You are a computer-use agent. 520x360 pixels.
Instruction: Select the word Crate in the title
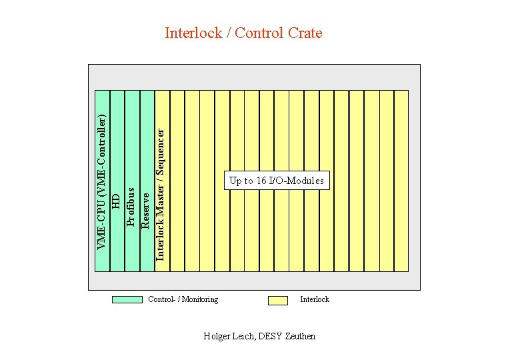pos(305,33)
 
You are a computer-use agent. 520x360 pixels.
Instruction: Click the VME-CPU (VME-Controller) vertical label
pos(101,181)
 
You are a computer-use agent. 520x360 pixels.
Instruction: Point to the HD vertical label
pos(116,200)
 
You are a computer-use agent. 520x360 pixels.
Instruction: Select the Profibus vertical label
pos(131,198)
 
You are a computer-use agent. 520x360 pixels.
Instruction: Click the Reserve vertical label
pos(146,209)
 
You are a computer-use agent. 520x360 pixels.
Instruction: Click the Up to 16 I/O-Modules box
pos(277,181)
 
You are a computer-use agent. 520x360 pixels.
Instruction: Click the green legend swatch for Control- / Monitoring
pos(127,299)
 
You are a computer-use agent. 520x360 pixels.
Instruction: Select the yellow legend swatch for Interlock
pos(277,300)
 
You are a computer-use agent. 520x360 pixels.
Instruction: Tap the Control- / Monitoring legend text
pos(183,299)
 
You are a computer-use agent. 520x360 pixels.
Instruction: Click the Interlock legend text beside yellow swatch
pos(315,299)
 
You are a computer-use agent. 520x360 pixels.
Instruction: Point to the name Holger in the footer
pos(217,336)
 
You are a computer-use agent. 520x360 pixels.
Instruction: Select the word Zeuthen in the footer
pos(300,336)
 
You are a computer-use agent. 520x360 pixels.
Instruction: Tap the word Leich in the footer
pos(244,336)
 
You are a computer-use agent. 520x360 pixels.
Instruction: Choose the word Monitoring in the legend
pos(200,299)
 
